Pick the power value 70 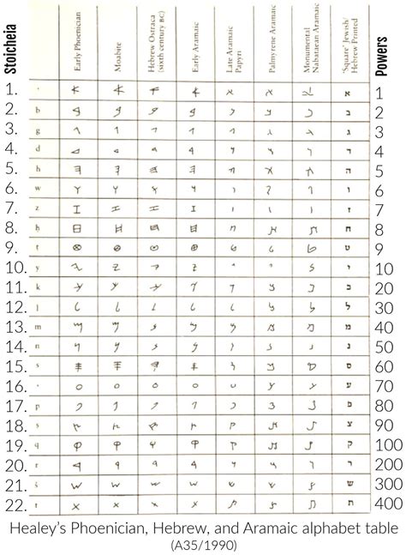click(x=386, y=387)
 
